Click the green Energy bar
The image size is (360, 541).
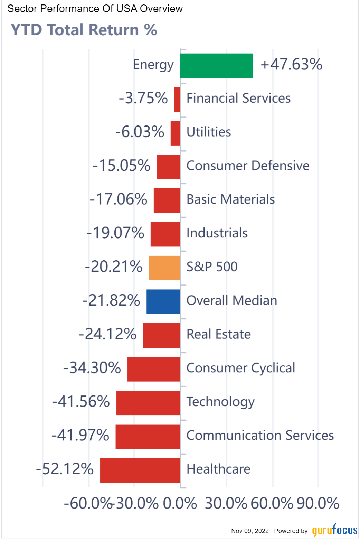pyautogui.click(x=216, y=66)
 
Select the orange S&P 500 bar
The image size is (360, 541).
pyautogui.click(x=164, y=268)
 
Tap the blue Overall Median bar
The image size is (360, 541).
pyautogui.click(x=163, y=302)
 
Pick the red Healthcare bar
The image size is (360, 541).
pyautogui.click(x=140, y=470)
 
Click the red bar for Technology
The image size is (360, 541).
pyautogui.click(x=148, y=403)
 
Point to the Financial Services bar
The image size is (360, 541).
pyautogui.click(x=177, y=100)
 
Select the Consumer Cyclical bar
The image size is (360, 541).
pyautogui.click(x=154, y=369)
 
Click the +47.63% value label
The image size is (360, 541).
pyautogui.click(x=291, y=65)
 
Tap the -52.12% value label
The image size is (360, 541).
pyautogui.click(x=65, y=469)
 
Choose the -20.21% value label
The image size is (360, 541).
pyautogui.click(x=114, y=267)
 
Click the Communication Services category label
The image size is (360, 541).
pyautogui.click(x=260, y=436)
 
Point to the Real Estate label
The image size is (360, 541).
pyautogui.click(x=219, y=334)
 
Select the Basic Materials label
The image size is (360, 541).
pyautogui.click(x=230, y=199)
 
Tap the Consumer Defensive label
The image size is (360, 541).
pyautogui.click(x=248, y=166)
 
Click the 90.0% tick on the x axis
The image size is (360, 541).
pyautogui.click(x=318, y=504)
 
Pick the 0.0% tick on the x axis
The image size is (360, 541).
pyautogui.click(x=180, y=504)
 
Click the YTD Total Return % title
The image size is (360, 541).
pyautogui.click(x=84, y=30)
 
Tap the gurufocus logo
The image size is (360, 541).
pyautogui.click(x=334, y=530)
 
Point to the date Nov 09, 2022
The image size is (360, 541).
pyautogui.click(x=250, y=531)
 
